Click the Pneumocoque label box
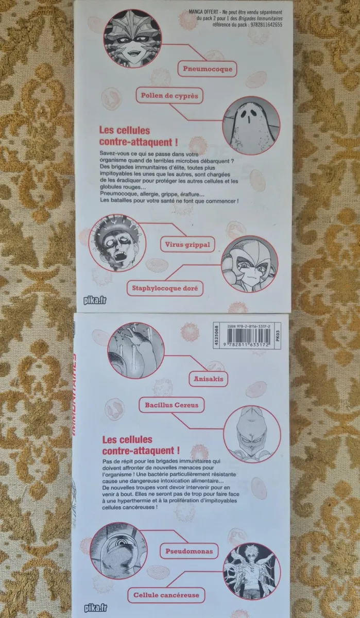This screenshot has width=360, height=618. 207,68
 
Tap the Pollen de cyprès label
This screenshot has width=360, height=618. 169,96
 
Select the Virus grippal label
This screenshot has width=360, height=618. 187,245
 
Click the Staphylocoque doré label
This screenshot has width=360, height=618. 165,288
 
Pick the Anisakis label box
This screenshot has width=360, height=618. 208,379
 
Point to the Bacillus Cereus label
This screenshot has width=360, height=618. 172,405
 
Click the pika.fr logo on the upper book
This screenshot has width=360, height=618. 95,300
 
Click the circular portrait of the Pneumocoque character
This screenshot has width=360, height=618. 132,39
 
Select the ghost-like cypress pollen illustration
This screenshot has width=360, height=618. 251,126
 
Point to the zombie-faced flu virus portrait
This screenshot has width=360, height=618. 117,243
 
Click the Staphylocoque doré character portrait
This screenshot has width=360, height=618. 250,264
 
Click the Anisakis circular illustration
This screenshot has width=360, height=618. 136,350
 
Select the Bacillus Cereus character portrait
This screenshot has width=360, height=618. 252,434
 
